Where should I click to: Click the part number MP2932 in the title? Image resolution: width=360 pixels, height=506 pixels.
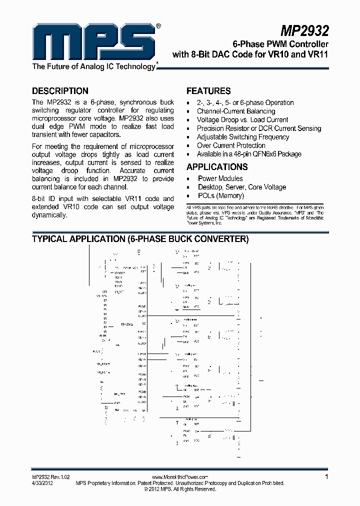(x=304, y=31)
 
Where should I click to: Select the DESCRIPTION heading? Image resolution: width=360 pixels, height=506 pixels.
(x=60, y=91)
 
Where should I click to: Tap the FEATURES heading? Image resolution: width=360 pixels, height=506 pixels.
(x=208, y=91)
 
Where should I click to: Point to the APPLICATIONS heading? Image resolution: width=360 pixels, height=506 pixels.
(x=217, y=167)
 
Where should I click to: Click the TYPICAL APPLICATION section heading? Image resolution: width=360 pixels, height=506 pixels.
(x=140, y=239)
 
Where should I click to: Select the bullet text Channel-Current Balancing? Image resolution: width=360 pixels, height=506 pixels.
(x=235, y=111)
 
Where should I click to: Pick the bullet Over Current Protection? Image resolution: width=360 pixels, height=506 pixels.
(x=231, y=145)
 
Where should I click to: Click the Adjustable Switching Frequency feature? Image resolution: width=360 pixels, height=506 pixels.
(x=242, y=137)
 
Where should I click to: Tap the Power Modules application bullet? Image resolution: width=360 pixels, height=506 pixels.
(x=220, y=178)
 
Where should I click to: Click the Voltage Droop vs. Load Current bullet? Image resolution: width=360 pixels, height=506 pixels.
(x=242, y=120)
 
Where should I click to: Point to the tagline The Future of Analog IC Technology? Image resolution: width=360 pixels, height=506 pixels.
(x=94, y=66)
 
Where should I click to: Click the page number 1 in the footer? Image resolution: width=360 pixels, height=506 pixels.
(x=326, y=477)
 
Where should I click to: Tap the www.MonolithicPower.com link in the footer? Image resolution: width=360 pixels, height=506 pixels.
(x=179, y=477)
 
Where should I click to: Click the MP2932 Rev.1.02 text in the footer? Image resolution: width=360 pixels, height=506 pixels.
(x=49, y=477)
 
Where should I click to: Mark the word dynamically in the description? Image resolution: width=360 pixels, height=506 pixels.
(x=49, y=215)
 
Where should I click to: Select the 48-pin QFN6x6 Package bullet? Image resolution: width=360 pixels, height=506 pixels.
(x=249, y=154)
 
